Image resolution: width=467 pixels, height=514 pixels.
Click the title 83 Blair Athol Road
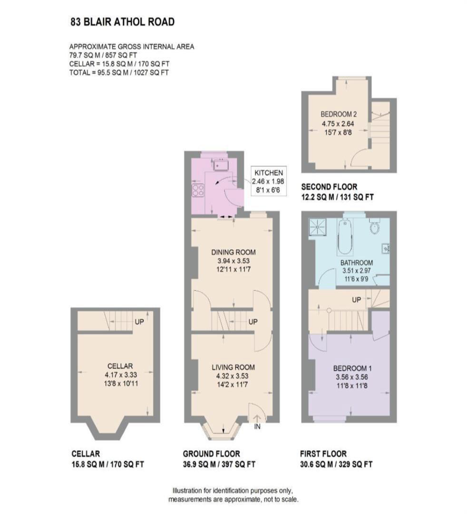coord(123,22)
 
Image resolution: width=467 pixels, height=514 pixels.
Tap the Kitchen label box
coord(269,181)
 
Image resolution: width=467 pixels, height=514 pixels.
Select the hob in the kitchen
coord(198,190)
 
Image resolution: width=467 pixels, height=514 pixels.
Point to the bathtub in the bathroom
coord(344,237)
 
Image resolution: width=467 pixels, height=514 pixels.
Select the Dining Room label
coord(233,252)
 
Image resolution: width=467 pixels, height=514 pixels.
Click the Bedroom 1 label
coord(352,368)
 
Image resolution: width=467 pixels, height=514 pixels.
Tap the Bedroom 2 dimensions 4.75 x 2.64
coord(338,124)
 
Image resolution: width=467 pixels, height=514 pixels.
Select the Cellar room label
coord(120,366)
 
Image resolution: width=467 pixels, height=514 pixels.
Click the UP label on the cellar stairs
coord(139,322)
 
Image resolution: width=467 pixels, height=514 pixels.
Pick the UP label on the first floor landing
coord(356,300)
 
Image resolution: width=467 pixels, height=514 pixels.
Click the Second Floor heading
coord(329,187)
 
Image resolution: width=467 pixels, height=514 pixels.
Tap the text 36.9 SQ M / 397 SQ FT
coord(219,464)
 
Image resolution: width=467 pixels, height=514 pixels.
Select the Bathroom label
coord(356,263)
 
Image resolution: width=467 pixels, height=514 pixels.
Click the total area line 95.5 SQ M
coord(119,72)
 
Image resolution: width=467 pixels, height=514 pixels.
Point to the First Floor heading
coord(323,454)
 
